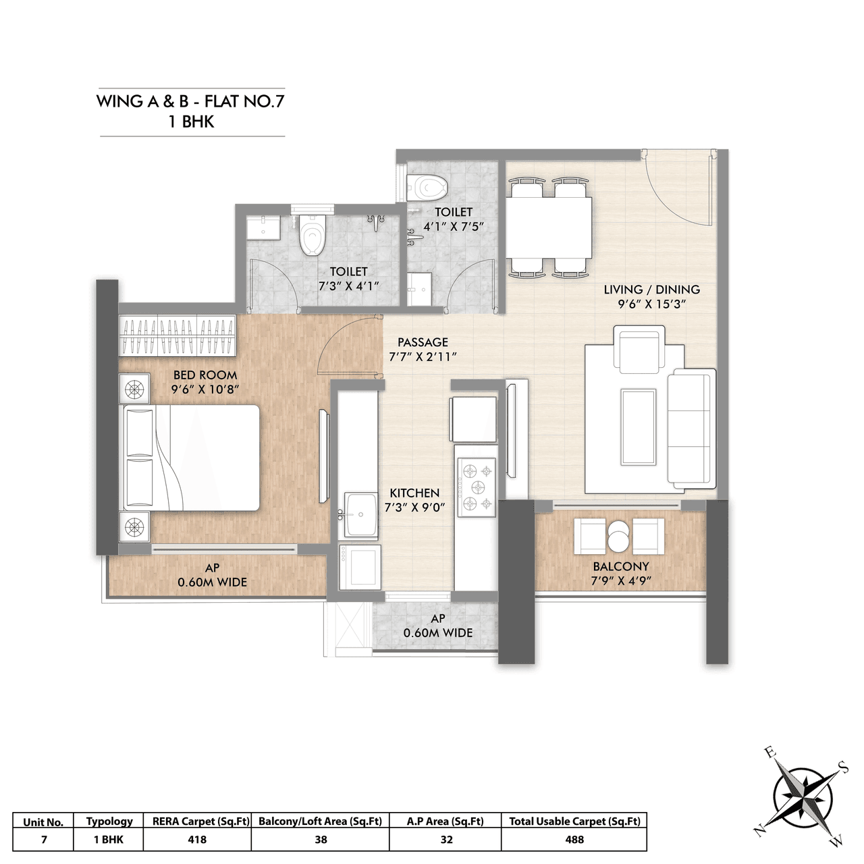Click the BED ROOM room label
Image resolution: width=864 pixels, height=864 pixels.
coord(205,375)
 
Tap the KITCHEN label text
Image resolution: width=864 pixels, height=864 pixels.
coord(414,493)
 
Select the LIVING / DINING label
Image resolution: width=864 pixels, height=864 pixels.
coord(651,289)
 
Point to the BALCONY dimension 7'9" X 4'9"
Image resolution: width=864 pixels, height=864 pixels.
coord(620,580)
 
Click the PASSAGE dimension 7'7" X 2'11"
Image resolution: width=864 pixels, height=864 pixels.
coord(423,356)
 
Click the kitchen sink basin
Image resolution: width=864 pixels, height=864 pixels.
coord(361,514)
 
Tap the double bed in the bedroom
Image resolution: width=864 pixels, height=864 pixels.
coord(190,458)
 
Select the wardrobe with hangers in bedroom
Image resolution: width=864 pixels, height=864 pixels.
coord(178,335)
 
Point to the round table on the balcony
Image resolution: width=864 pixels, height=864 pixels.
coord(619,537)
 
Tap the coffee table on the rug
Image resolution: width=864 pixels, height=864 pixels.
coord(638,426)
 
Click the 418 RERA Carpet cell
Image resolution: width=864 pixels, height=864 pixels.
coord(197,840)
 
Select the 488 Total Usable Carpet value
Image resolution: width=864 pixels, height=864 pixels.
coord(574,840)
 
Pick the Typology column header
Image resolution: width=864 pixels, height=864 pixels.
coord(109,821)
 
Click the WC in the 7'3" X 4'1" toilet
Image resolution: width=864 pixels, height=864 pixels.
coord(313,236)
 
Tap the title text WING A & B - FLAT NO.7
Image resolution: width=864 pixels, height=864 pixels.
coord(191,101)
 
